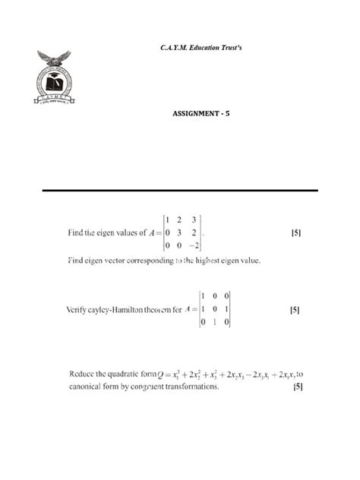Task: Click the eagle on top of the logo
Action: (x=54, y=58)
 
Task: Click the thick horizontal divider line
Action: (x=180, y=190)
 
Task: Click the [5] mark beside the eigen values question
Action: (x=296, y=233)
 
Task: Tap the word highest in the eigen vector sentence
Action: (x=201, y=261)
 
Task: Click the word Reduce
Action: (x=81, y=374)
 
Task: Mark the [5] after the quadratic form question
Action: (x=298, y=387)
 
